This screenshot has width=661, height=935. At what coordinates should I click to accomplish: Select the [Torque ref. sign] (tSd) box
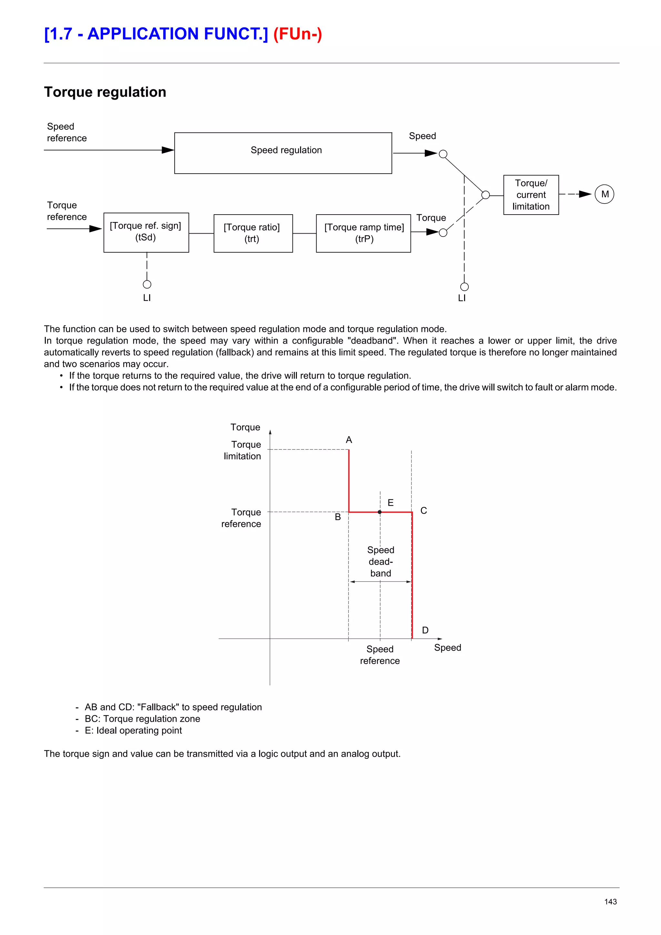pyautogui.click(x=146, y=232)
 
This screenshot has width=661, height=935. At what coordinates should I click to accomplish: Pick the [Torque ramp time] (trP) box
pyautogui.click(x=363, y=233)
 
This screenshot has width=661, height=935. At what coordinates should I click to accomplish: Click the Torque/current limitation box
pyautogui.click(x=531, y=195)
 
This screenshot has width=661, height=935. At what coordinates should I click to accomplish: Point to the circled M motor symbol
pyautogui.click(x=605, y=194)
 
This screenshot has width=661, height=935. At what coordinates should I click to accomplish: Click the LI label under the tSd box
pyautogui.click(x=147, y=298)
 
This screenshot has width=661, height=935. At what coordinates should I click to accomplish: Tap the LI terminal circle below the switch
pyautogui.click(x=464, y=287)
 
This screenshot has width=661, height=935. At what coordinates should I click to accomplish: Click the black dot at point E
pyautogui.click(x=380, y=512)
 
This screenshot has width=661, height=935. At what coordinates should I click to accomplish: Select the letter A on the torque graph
pyautogui.click(x=349, y=440)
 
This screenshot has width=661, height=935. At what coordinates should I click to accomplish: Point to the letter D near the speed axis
pyautogui.click(x=425, y=630)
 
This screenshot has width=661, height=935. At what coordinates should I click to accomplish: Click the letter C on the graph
pyautogui.click(x=423, y=510)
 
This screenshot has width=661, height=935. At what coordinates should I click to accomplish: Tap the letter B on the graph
pyautogui.click(x=338, y=517)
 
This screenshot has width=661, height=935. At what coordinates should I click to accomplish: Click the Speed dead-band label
pyautogui.click(x=381, y=562)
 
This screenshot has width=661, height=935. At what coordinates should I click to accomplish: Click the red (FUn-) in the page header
pyautogui.click(x=297, y=34)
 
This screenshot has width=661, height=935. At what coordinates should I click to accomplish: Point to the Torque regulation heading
pyautogui.click(x=105, y=92)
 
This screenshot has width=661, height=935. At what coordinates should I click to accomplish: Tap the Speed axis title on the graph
pyautogui.click(x=447, y=648)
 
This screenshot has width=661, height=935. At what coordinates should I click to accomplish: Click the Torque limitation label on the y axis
pyautogui.click(x=243, y=450)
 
